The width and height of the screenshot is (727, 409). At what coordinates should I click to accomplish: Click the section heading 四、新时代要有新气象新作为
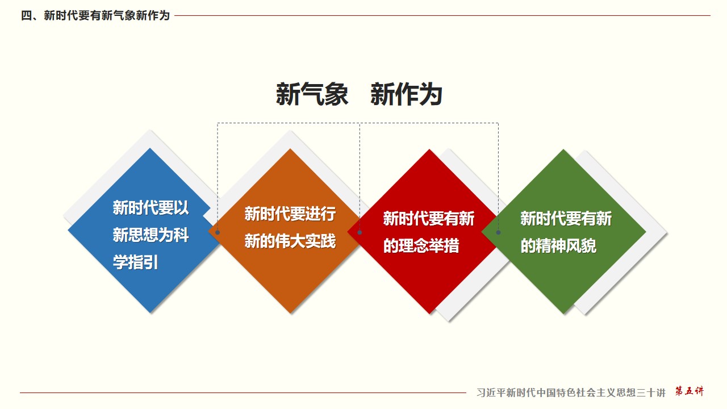95,15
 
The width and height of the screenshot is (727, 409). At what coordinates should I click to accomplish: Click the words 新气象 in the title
312,94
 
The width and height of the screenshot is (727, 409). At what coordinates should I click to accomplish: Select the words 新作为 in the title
406,94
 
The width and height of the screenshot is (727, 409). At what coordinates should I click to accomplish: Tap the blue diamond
143,231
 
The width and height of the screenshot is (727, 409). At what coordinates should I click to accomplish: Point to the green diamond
564,232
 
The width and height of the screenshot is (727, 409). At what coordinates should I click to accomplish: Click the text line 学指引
135,262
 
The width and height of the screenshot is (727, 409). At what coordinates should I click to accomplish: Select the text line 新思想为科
151,235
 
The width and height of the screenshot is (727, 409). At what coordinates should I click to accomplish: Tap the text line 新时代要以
151,208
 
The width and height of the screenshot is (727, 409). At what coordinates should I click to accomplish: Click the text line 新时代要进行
290,214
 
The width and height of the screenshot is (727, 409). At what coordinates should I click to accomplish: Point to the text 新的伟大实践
290,241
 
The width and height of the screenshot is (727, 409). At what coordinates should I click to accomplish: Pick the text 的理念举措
421,246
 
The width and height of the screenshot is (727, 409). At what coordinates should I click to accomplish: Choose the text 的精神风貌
558,246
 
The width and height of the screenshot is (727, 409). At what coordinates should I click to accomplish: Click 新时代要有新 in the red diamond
429,219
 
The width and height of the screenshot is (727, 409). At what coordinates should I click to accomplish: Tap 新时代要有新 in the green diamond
566,219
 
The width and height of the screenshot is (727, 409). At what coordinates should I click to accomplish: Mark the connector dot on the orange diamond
218,232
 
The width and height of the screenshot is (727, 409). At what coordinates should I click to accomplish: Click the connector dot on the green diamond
498,232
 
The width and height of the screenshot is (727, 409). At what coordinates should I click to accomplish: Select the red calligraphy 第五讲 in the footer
690,391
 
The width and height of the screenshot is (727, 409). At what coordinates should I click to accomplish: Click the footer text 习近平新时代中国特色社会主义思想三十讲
571,393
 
